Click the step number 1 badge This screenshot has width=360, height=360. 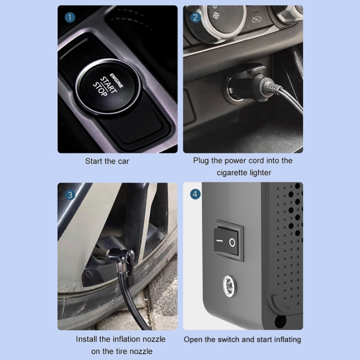click(70, 17)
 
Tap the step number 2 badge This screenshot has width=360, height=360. click(195, 17)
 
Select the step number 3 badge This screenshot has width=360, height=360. click(70, 195)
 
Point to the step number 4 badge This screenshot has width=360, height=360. click(195, 194)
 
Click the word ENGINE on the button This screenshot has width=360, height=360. click(117, 80)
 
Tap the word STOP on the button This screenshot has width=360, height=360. click(100, 89)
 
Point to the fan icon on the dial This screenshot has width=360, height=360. click(216, 16)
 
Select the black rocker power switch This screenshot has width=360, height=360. click(228, 240)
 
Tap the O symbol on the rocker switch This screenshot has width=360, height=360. click(232, 242)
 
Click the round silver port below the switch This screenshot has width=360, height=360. click(229, 286)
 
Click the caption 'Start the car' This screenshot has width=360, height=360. click(107, 161)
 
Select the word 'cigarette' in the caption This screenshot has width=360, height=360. click(232, 173)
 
